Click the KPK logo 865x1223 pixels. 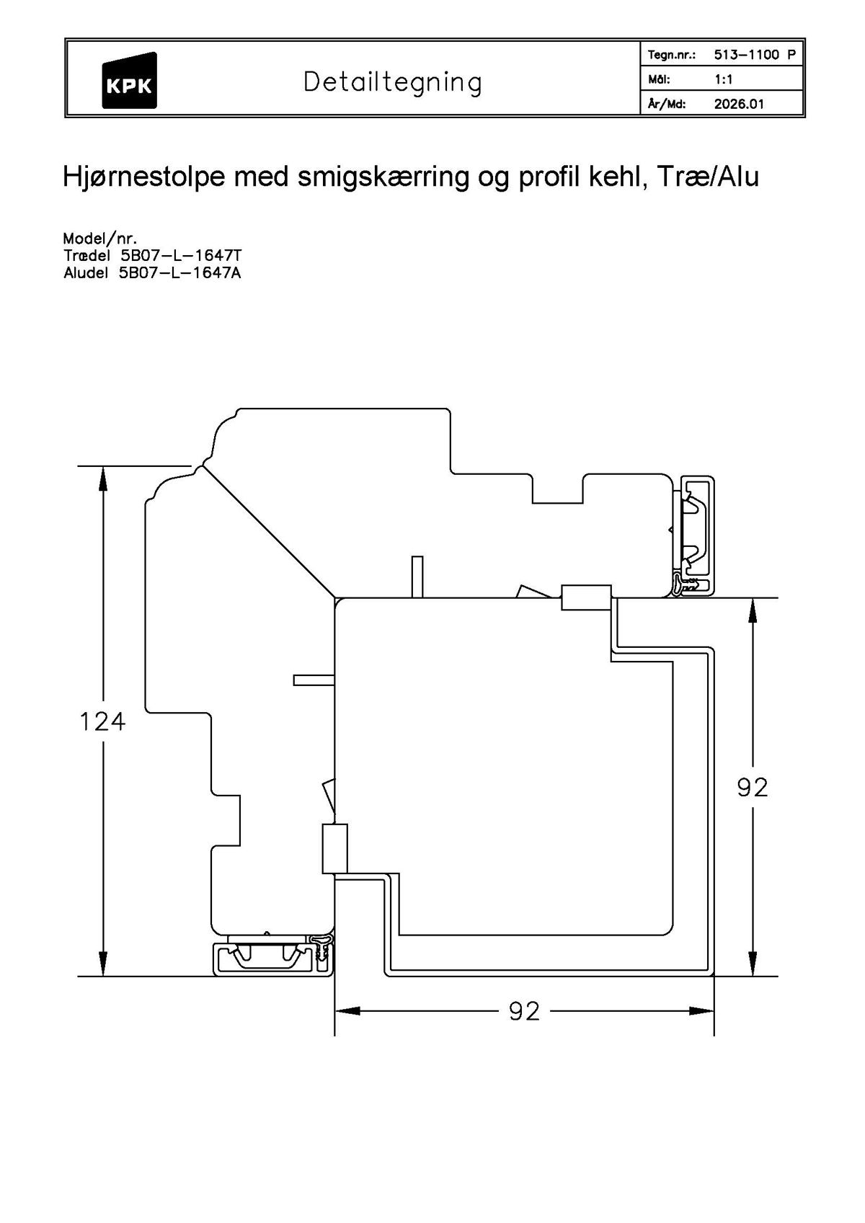click(x=129, y=81)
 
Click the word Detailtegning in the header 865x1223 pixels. click(x=392, y=82)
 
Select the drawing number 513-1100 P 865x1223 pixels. click(x=755, y=55)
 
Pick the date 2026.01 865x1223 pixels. click(x=738, y=104)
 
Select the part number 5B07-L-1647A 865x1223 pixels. click(x=181, y=273)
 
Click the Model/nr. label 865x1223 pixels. click(x=99, y=239)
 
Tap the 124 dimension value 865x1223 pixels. click(x=102, y=721)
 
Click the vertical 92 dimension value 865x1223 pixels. click(x=753, y=788)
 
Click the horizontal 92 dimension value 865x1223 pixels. click(x=524, y=1012)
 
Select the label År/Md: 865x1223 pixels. click(x=667, y=104)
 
